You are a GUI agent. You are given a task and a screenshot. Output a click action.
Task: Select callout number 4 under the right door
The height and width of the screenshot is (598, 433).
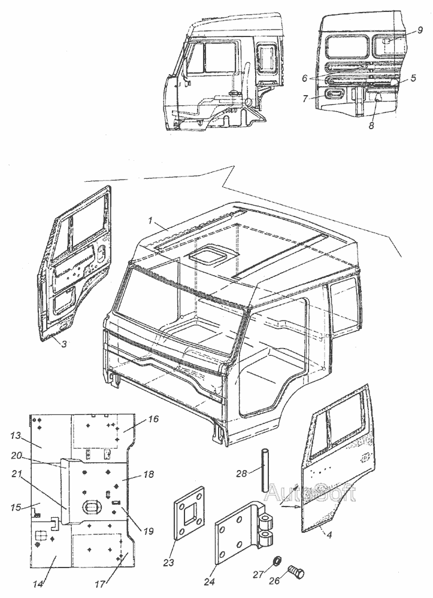click(328, 533)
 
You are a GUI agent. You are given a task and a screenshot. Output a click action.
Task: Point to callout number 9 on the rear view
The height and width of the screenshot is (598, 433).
click(420, 29)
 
